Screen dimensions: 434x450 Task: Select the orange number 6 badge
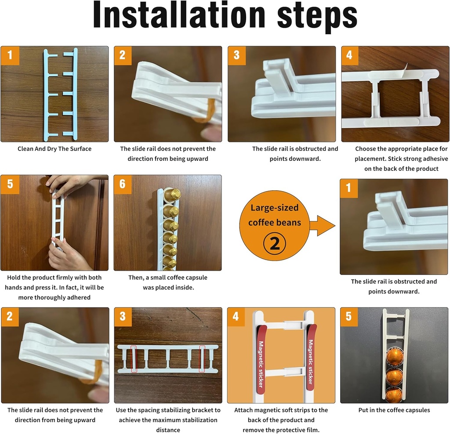[123, 184]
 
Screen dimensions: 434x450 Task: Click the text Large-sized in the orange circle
[274, 207]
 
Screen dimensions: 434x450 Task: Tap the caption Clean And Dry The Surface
[54, 149]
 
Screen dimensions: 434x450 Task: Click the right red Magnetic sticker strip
[310, 355]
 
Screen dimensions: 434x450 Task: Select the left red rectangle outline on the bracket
[134, 359]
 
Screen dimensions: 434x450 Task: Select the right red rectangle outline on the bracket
[202, 359]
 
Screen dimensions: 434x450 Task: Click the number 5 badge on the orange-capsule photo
[349, 316]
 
